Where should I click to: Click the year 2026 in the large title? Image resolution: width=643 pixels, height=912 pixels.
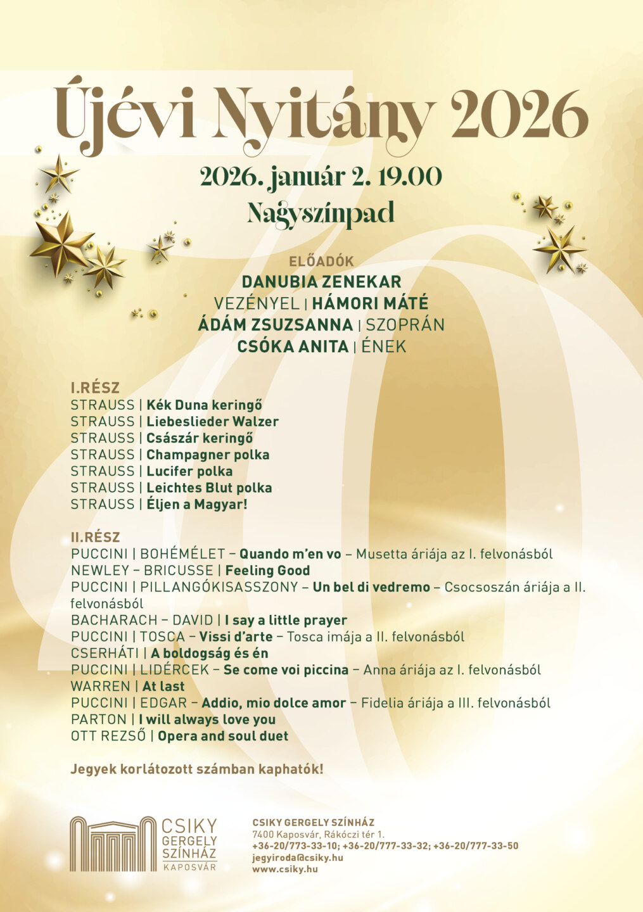coord(519,115)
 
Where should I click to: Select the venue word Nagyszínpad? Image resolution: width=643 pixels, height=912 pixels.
coord(321,213)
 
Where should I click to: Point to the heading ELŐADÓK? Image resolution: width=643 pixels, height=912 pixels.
coord(321,261)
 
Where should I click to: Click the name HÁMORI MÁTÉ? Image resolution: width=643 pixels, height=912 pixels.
coord(370,303)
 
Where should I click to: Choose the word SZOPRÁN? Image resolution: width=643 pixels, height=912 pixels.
coord(405,325)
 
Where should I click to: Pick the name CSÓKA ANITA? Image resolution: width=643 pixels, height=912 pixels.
coord(293,347)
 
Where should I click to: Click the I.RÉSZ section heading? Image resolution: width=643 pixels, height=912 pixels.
coord(95,388)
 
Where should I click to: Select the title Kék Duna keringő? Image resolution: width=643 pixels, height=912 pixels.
coord(204,405)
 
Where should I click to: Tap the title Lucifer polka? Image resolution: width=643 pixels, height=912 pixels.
coord(189,471)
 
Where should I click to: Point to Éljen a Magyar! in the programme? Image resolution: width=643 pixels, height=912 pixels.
coord(196,504)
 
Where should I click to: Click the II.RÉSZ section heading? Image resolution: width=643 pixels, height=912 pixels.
coord(95,537)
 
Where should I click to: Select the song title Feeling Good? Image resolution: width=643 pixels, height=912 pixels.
coord(267,570)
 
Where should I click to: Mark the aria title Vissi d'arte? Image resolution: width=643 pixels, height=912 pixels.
coord(236,636)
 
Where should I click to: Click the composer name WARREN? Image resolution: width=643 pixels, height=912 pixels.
coord(100,686)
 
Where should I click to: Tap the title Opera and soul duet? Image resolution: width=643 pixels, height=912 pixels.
coord(223,736)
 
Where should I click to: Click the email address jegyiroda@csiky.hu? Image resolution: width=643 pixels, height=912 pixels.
coord(298,858)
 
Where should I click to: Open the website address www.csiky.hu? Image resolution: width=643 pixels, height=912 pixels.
coord(285,869)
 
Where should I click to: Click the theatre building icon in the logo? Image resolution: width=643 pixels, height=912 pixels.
coord(113,844)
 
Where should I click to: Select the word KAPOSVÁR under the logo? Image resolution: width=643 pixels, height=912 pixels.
coord(189,867)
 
